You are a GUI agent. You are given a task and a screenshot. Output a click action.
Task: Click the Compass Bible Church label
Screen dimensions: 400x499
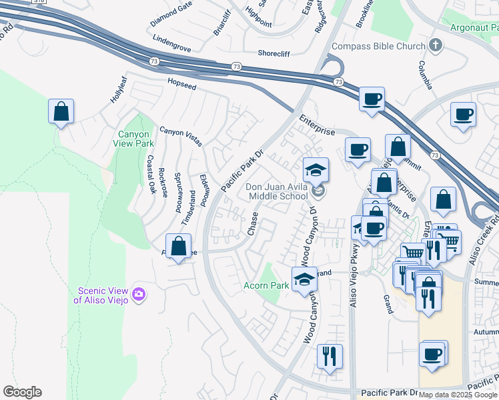378,46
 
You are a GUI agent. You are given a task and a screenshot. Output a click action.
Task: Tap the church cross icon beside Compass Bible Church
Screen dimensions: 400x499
436,46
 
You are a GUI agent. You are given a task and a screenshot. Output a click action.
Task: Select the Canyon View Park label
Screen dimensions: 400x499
136,139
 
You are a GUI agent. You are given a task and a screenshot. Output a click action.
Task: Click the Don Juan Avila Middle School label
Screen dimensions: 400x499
278,191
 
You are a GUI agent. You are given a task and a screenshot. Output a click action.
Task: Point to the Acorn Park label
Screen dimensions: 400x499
266,285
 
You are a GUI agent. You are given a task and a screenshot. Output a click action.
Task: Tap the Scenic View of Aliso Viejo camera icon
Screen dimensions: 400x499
139,294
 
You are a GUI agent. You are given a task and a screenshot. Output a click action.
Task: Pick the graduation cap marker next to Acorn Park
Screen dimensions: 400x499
305,279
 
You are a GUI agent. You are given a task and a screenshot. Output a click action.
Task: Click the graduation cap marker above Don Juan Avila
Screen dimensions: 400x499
316,170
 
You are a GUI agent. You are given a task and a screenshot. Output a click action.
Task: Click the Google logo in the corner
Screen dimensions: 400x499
22,392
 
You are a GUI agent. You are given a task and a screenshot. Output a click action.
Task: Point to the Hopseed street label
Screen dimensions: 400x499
181,85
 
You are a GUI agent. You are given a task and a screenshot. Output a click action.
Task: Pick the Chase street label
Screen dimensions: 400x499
252,224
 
